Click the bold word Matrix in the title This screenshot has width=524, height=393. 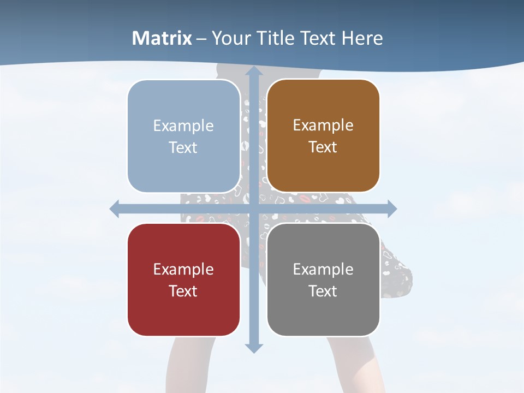[x=162, y=38]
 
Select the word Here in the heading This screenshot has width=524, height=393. [x=362, y=38]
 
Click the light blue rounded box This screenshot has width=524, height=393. [x=183, y=136]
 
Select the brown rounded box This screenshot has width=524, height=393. [x=323, y=136]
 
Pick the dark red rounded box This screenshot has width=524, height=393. [x=183, y=279]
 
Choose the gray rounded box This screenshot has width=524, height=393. [x=323, y=279]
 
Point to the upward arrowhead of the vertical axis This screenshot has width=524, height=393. [x=253, y=72]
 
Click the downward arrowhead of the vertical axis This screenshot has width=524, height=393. [x=253, y=348]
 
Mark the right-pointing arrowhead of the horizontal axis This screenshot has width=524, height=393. [x=391, y=209]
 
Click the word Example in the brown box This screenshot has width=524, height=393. [x=323, y=125]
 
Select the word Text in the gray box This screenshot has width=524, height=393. [x=323, y=291]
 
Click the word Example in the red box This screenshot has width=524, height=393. [x=183, y=269]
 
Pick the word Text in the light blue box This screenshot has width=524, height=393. [x=183, y=147]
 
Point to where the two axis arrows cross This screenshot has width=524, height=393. [x=253, y=209]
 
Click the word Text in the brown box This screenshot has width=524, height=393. [x=323, y=147]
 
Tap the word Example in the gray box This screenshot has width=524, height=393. [x=323, y=269]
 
